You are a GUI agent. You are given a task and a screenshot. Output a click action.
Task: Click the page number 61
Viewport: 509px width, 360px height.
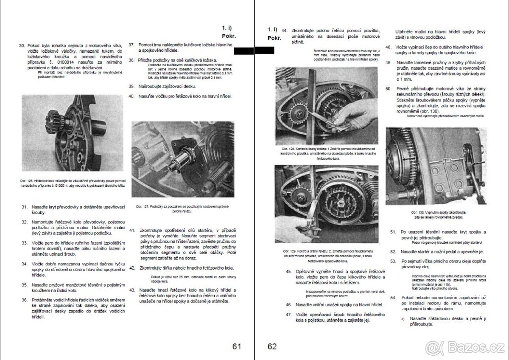tap(237, 346)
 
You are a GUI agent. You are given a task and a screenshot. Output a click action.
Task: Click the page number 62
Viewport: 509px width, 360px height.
tap(272, 346)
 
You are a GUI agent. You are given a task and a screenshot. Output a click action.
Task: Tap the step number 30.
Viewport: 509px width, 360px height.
tap(22, 45)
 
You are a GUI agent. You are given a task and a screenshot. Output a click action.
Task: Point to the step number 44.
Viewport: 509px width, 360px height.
tap(284, 31)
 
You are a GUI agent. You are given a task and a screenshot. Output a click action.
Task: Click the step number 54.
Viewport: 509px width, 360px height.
tap(393, 298)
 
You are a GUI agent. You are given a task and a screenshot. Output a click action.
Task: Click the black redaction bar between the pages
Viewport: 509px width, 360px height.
tap(254, 51)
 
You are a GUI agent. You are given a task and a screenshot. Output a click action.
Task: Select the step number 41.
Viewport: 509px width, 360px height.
tap(132, 230)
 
